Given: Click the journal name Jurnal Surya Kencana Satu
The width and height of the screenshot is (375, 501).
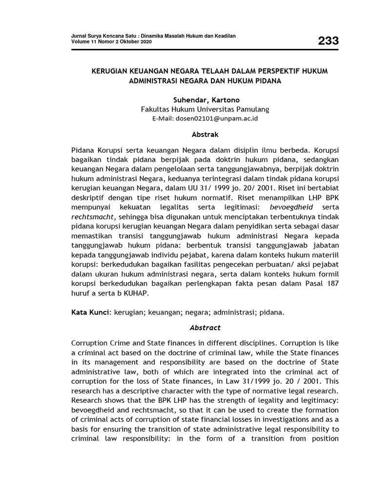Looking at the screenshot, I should coord(102,37).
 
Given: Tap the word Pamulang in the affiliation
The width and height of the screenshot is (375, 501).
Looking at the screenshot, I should coord(251,109).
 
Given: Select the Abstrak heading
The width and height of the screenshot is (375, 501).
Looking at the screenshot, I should coord(205,134).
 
